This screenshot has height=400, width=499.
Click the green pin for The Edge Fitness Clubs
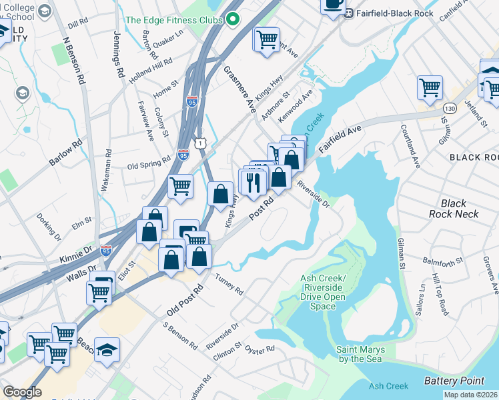pos(233,20)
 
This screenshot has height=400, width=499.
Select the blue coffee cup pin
pos(333,4)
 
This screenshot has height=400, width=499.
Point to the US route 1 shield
pos(200,142)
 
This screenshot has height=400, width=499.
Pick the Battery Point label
pos(454,381)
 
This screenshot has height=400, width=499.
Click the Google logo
pos(22,392)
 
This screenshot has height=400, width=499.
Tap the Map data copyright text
pos(470,395)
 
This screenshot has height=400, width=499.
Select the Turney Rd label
pos(229,284)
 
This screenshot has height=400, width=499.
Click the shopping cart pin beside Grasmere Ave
pos(266,39)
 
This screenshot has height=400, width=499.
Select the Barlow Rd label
pos(65,153)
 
